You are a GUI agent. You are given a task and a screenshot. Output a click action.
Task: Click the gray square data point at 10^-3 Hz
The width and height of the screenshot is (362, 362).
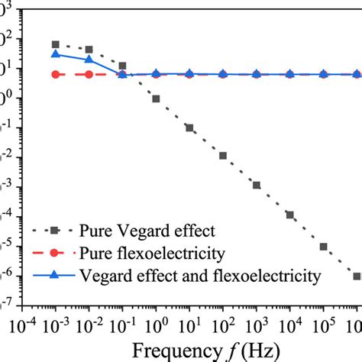tap(56, 44)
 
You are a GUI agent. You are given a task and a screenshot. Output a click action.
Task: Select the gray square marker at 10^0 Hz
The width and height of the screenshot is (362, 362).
tap(156, 99)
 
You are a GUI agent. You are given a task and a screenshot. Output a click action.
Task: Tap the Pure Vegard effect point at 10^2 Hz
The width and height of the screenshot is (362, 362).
tap(223, 155)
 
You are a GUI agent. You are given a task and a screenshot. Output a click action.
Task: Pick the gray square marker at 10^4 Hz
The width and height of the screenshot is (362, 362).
tap(289, 215)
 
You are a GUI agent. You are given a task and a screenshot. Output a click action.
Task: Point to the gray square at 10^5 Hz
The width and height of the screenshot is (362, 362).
tap(323, 247)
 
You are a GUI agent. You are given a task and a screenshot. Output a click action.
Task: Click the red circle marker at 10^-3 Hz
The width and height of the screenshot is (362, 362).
tap(56, 74)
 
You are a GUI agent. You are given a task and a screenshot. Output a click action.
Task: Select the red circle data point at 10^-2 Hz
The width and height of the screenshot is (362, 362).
tap(89, 74)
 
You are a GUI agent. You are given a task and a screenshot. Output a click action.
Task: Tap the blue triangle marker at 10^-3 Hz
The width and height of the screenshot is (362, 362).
tap(56, 54)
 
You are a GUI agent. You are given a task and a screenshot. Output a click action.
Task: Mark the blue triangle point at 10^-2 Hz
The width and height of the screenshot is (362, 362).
tap(89, 60)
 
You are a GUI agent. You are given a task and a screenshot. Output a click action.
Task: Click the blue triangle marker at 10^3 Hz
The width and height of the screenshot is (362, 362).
tap(257, 74)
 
